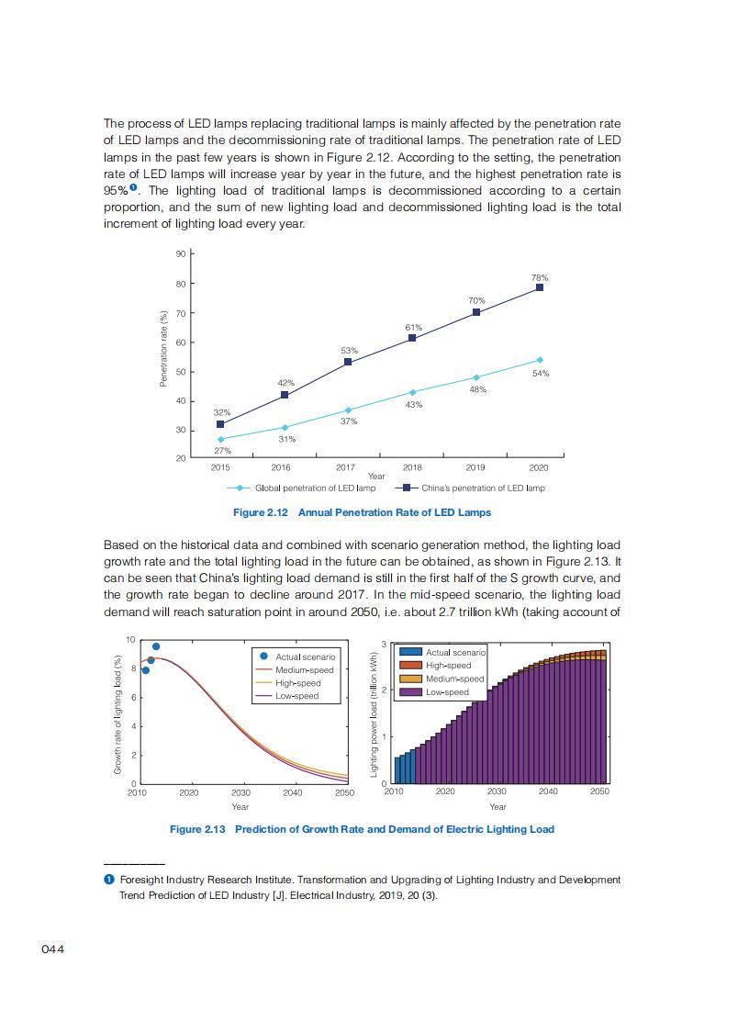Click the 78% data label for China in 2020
tap(540, 276)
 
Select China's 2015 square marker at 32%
tap(220, 424)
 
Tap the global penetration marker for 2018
tap(412, 392)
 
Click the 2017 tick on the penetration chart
tap(346, 467)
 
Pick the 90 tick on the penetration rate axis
tap(180, 253)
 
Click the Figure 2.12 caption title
tap(362, 512)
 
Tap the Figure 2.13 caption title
tap(362, 829)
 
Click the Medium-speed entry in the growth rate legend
tap(305, 670)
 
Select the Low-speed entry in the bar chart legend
tap(447, 692)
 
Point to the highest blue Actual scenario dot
tap(156, 646)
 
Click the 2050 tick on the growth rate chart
tap(344, 792)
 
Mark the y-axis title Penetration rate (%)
tap(163, 349)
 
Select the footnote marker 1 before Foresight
tap(108, 880)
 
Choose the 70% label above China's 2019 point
tap(476, 300)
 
